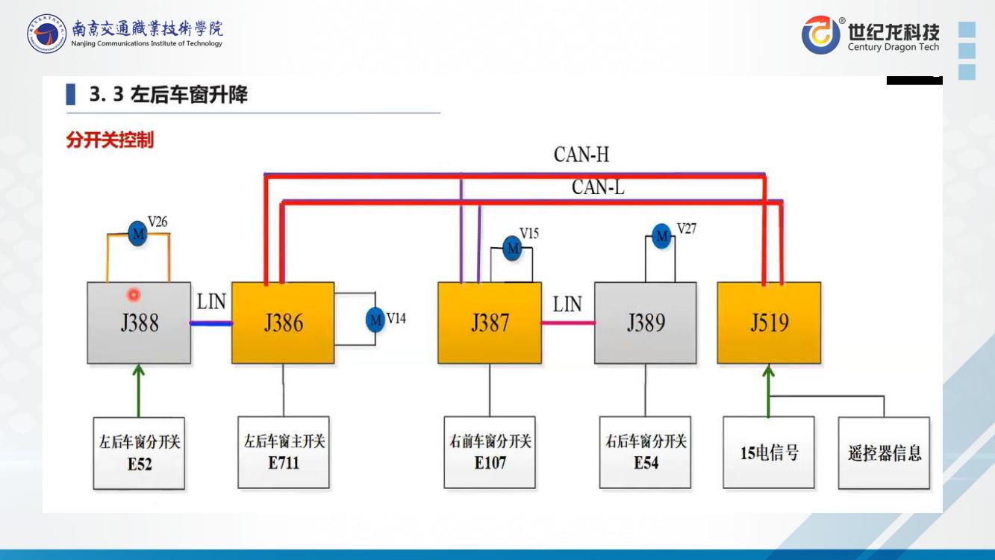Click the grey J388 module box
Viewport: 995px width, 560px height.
[138, 323]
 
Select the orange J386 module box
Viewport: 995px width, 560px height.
[283, 323]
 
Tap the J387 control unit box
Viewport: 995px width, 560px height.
[489, 323]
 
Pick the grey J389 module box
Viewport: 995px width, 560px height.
[646, 323]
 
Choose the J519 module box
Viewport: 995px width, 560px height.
[769, 323]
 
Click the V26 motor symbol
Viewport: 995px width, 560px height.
[137, 233]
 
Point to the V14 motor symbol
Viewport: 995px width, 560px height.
[375, 320]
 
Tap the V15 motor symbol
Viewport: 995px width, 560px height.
[512, 248]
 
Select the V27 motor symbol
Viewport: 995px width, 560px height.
[661, 237]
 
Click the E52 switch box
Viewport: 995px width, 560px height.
[139, 452]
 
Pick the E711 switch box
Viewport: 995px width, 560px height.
[284, 452]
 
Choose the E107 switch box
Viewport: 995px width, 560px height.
[490, 452]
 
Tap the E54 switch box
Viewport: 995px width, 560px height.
[646, 452]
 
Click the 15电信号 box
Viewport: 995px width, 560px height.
[769, 452]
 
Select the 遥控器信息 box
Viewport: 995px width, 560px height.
[884, 452]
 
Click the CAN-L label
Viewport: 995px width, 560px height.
[598, 187]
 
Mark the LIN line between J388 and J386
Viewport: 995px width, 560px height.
[211, 323]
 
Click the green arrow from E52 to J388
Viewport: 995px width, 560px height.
[139, 390]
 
